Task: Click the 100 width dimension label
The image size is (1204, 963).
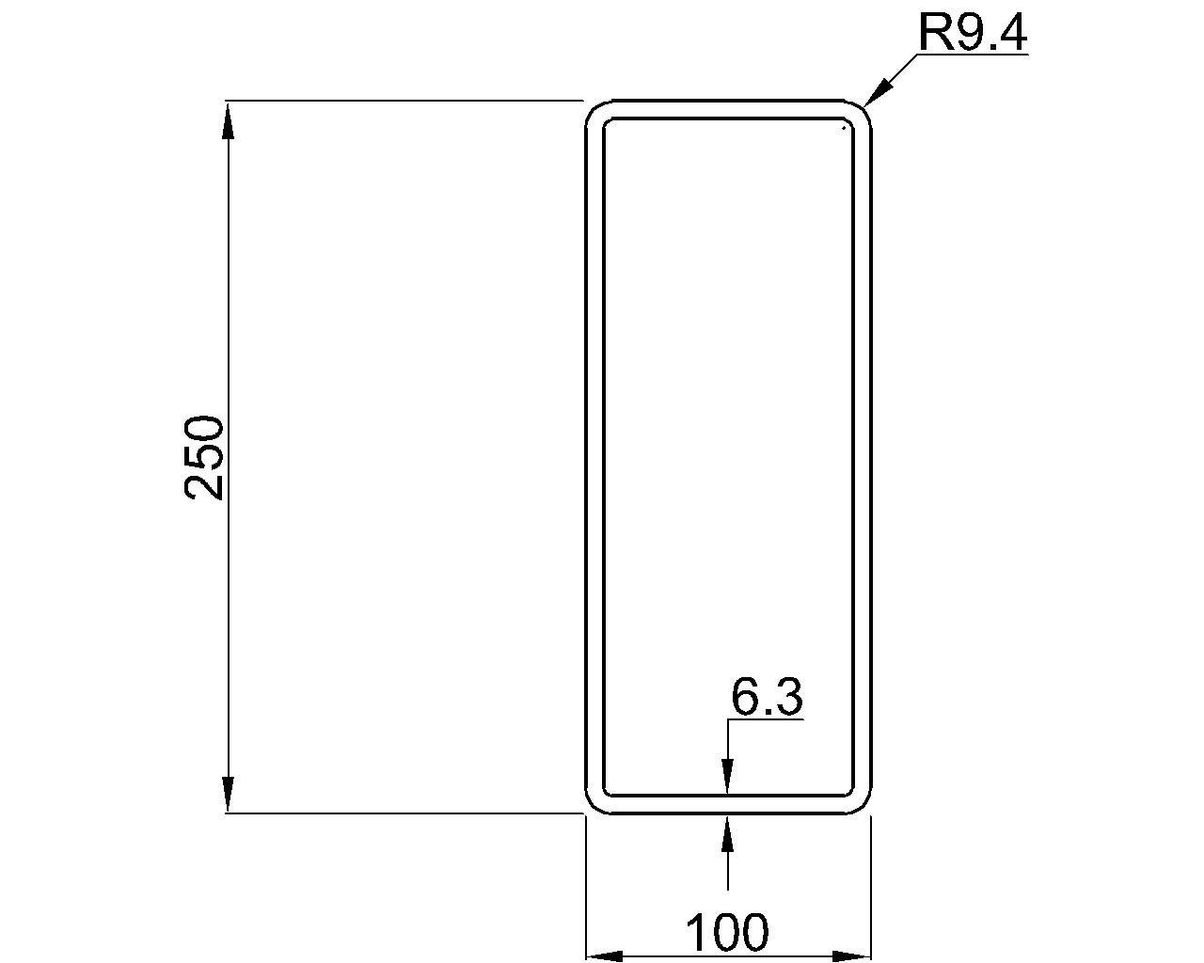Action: click(727, 933)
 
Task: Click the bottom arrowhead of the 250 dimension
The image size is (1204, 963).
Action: click(227, 795)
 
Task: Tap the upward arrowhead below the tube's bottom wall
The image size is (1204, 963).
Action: click(727, 833)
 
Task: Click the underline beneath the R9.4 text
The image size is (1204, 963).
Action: click(974, 55)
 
